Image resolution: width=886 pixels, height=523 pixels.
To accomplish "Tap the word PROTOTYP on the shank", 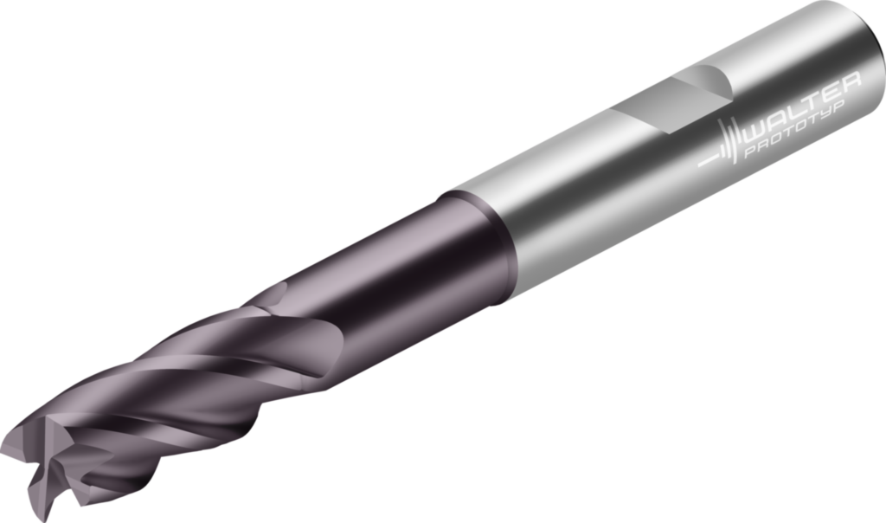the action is (x=795, y=129).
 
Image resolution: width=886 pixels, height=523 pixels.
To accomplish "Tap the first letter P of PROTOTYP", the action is (x=751, y=150).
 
